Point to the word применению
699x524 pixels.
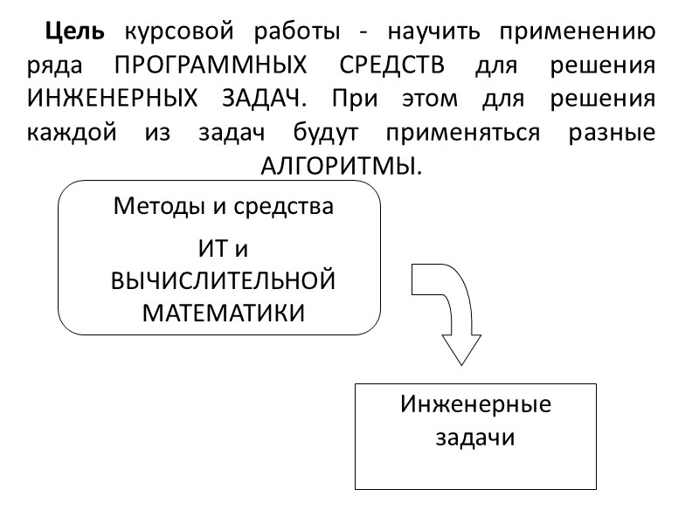tap(578, 35)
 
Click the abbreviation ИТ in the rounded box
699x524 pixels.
tap(211, 249)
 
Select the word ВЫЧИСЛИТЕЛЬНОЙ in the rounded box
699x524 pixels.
tap(224, 280)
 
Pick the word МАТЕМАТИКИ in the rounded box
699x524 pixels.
tap(224, 312)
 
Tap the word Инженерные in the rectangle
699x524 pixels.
tap(476, 406)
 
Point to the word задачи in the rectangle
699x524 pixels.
tap(476, 438)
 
